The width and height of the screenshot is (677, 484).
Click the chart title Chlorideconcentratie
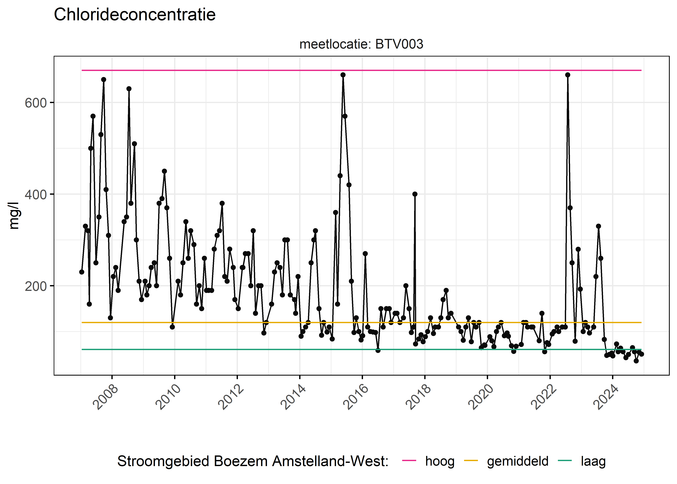tap(135, 15)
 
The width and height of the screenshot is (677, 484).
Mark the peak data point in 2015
tap(343, 75)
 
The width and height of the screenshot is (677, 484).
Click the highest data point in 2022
tap(568, 75)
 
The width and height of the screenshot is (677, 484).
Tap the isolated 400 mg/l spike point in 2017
tap(415, 194)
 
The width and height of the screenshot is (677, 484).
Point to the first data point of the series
tap(82, 272)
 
